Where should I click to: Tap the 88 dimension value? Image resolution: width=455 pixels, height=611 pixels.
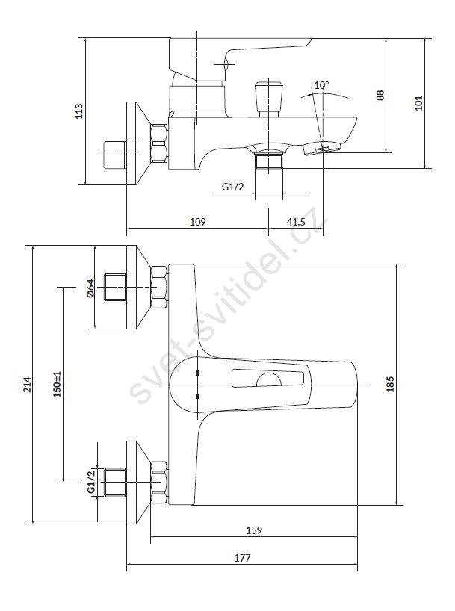(x=380, y=95)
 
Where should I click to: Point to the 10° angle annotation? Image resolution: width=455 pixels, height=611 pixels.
(x=321, y=86)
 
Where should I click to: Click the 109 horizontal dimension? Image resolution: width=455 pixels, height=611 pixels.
(x=197, y=221)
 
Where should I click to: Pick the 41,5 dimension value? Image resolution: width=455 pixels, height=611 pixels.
(x=296, y=221)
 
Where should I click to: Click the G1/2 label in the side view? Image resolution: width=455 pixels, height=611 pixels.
(x=233, y=187)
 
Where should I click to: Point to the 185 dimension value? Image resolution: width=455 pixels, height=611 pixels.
(x=390, y=383)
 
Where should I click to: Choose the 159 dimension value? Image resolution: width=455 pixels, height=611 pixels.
(x=254, y=530)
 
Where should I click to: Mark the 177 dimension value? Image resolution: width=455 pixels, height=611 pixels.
(x=241, y=558)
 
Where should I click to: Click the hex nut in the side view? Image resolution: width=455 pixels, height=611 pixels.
(x=160, y=143)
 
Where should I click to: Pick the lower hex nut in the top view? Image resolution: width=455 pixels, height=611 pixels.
(x=158, y=483)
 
